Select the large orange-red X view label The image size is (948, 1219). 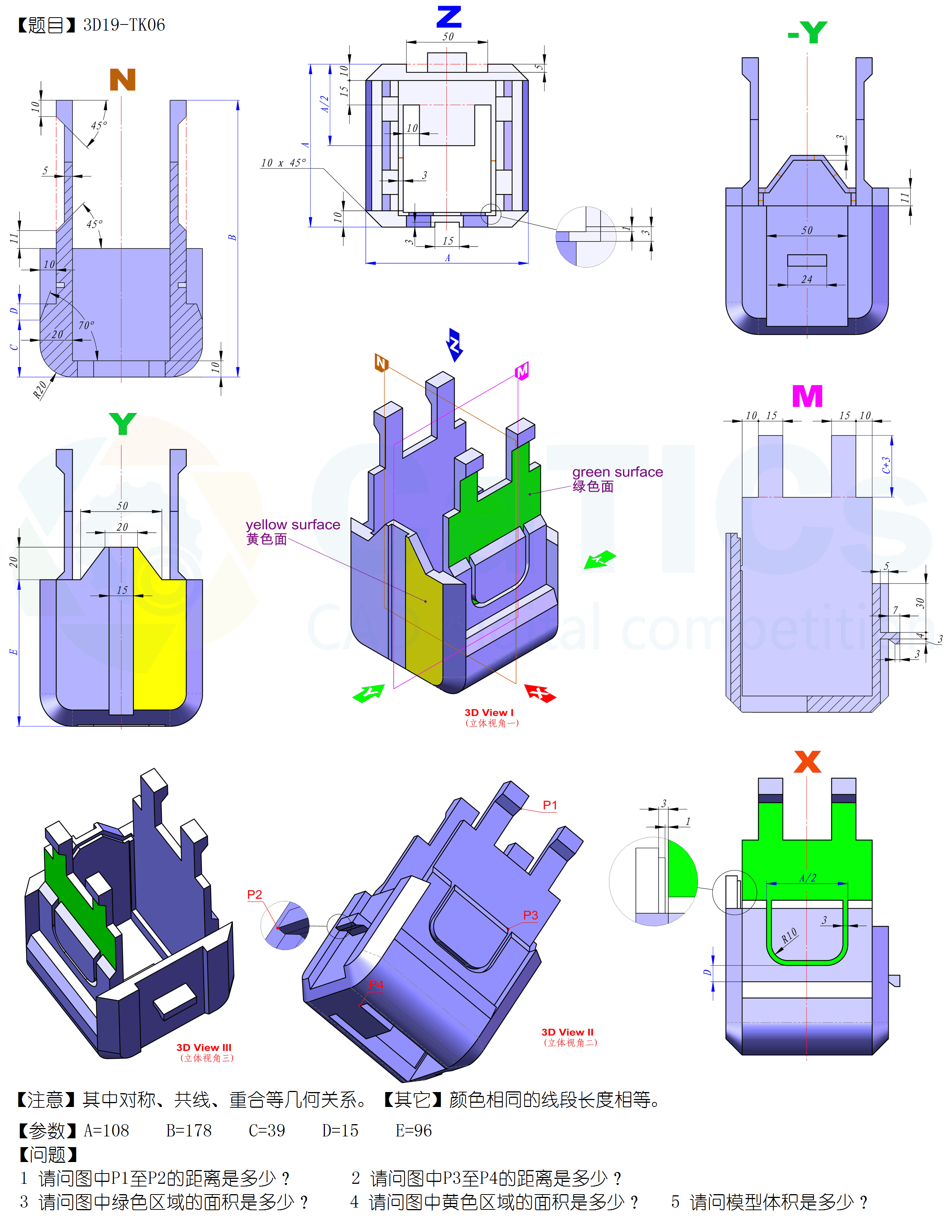tap(807, 762)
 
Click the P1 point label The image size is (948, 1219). tap(550, 805)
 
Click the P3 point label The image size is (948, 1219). tap(530, 915)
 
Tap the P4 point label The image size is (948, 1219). tap(376, 985)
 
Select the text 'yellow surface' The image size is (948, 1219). tap(292, 525)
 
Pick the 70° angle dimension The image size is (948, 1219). tap(86, 325)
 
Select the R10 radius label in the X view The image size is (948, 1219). tap(789, 936)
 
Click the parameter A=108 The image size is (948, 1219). tap(107, 1131)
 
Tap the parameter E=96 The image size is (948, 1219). tap(414, 1131)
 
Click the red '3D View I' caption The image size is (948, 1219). tap(489, 713)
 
